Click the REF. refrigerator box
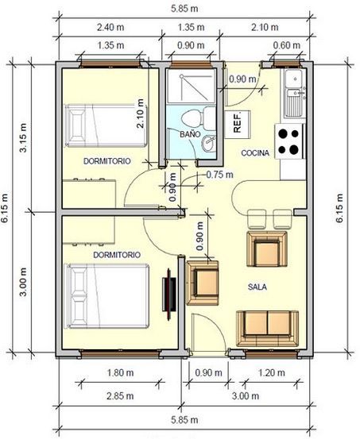pos(237,125)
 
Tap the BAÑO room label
pos(190,134)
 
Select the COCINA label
pos(255,153)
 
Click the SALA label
pos(257,287)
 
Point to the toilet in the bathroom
pos(198,117)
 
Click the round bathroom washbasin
pos(208,143)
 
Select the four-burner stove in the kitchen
pos(289,141)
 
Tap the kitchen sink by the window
pos(293,93)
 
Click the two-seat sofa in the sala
pos(267,329)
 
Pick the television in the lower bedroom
pos(169,294)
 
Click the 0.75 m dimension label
pos(220,175)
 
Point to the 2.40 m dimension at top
pos(110,28)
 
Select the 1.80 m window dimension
pos(120,373)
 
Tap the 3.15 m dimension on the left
pos(23,137)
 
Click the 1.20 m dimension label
pos(272,373)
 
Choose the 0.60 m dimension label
pos(287,45)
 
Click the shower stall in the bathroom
pos(191,87)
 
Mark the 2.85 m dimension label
pos(120,396)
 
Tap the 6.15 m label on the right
pos(339,208)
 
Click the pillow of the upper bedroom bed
pos(75,125)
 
